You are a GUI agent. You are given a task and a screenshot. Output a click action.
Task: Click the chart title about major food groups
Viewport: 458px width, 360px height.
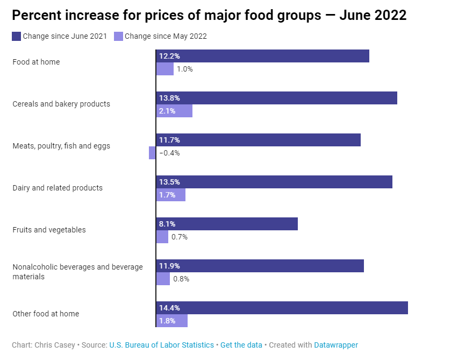coord(209,15)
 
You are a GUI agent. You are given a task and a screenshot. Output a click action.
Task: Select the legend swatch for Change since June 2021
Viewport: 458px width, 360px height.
coord(16,37)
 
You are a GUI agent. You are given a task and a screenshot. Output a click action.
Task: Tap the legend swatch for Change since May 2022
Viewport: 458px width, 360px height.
coord(119,37)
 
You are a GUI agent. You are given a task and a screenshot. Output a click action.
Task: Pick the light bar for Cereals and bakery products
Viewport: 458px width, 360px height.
coord(174,111)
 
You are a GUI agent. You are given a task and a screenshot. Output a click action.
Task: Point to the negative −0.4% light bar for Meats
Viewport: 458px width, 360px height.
coord(152,153)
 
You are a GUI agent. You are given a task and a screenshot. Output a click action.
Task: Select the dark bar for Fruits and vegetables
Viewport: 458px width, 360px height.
coord(227,224)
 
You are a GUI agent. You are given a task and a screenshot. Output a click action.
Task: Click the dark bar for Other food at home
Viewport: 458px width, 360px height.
coord(282,308)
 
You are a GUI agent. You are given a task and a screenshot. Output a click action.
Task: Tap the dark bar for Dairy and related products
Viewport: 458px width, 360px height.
coord(274,182)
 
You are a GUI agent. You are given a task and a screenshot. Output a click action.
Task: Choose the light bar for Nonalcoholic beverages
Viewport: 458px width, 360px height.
coord(163,279)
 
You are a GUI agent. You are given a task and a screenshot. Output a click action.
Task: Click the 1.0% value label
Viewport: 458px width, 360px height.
coord(184,69)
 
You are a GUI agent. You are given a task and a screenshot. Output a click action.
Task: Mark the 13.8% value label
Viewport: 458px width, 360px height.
coord(169,98)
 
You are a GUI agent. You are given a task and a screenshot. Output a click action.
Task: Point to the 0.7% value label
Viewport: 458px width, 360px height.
coord(179,237)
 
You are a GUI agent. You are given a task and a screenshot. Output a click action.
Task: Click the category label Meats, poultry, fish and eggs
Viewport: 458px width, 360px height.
coord(61,146)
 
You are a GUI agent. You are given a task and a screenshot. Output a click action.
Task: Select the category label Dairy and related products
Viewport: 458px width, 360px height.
coord(58,188)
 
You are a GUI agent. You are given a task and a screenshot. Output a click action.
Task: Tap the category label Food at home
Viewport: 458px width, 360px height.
coord(36,62)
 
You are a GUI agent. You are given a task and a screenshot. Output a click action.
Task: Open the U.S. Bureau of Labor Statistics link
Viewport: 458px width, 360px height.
coord(161,345)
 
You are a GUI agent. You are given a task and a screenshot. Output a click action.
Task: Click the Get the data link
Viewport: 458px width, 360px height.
coord(241,345)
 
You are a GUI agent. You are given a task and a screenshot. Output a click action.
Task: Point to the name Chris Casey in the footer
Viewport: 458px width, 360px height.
coord(55,345)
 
